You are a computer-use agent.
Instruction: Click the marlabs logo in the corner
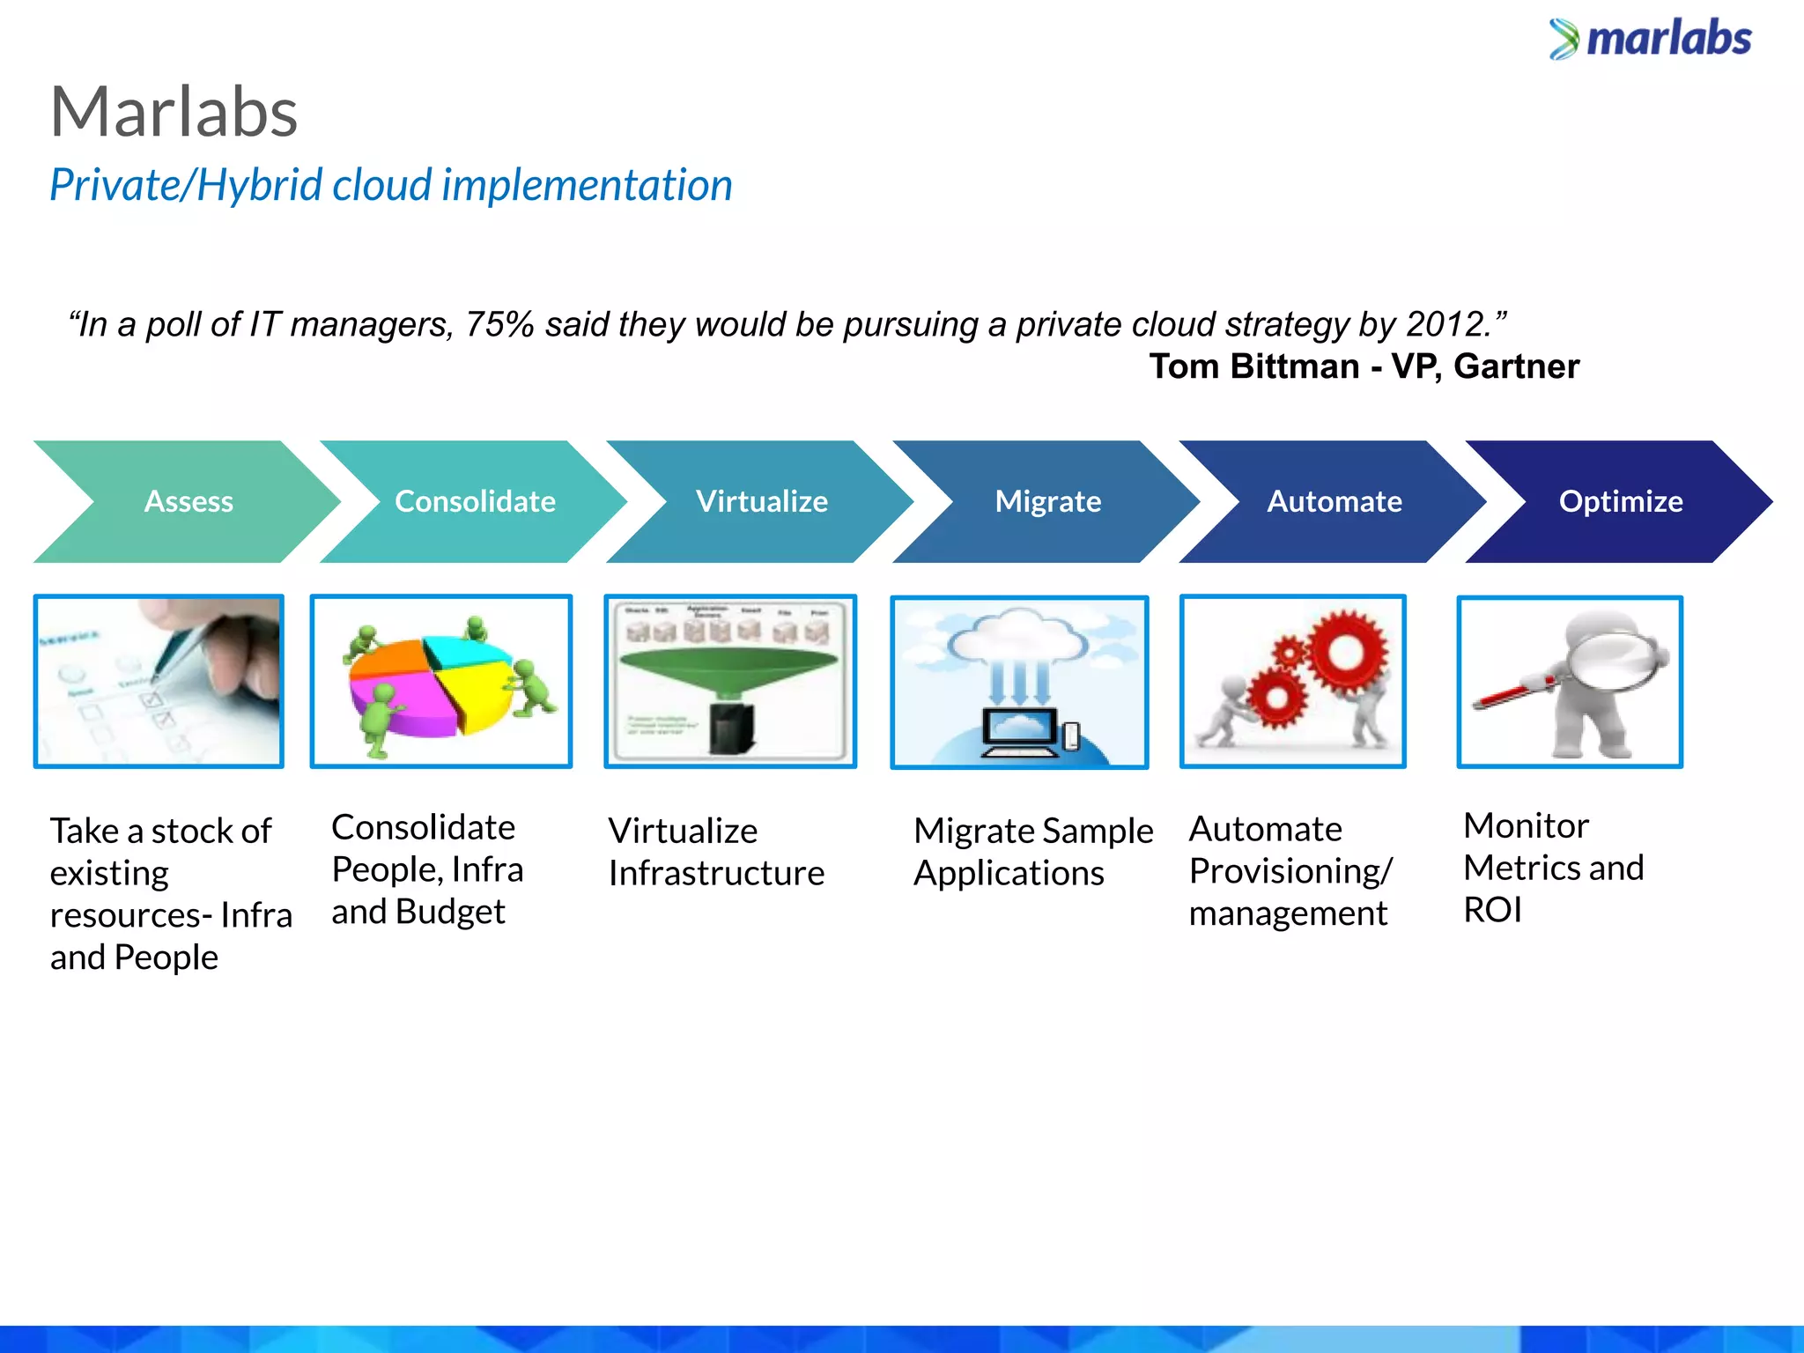click(1650, 40)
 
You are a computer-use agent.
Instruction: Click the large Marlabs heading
click(174, 113)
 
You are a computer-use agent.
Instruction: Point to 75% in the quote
click(499, 325)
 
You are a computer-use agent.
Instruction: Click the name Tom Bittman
click(1253, 366)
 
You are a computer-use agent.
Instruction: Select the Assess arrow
click(188, 501)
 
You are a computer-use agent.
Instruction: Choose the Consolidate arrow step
click(475, 501)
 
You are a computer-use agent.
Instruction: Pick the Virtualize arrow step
click(761, 501)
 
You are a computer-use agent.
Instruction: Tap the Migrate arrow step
click(1047, 501)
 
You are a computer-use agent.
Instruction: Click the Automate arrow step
click(1334, 501)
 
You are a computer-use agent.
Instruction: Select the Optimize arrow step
click(1620, 501)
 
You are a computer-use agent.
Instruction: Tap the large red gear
click(1346, 654)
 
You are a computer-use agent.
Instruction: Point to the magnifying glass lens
click(1610, 659)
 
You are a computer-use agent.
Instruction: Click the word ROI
click(1492, 910)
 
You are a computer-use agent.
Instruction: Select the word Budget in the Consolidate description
click(450, 912)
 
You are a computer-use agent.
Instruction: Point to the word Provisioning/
click(1290, 871)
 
